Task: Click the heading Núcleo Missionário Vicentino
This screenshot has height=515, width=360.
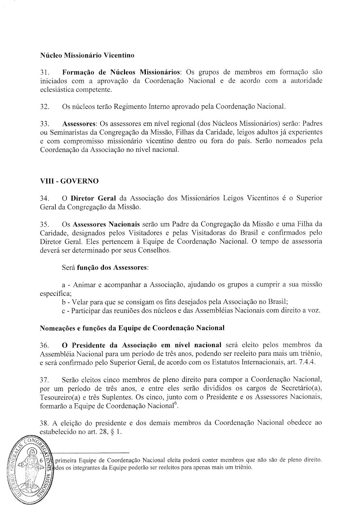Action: coord(87,55)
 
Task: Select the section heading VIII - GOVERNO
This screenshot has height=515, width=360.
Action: coord(69,181)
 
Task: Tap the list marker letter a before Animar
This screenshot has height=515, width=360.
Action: coord(63,285)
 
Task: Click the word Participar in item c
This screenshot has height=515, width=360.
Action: coord(86,311)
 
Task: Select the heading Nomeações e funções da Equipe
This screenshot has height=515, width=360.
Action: coord(132,328)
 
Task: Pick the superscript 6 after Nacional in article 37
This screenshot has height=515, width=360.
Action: coord(175,404)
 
